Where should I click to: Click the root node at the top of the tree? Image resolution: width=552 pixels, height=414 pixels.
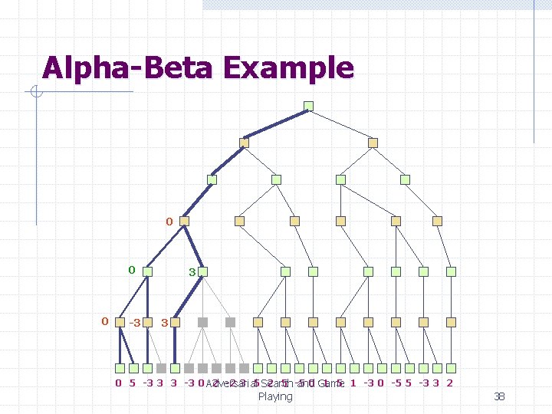[x=308, y=106]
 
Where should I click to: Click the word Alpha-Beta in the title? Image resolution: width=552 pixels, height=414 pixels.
[x=129, y=67]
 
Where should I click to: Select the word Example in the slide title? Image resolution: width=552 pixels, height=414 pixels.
[x=289, y=67]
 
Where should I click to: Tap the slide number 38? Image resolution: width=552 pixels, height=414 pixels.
[x=499, y=396]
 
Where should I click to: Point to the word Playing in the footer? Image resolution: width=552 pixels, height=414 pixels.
[x=275, y=396]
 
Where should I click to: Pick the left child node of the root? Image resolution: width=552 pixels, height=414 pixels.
[x=245, y=143]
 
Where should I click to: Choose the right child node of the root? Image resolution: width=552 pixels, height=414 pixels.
[x=373, y=143]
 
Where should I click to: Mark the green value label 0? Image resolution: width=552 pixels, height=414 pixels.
[x=131, y=270]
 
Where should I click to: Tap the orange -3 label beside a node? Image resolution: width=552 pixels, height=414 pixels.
[x=134, y=323]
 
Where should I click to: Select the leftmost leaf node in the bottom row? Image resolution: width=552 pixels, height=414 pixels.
[x=120, y=368]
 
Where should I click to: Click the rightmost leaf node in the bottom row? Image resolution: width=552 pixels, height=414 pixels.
[x=452, y=368]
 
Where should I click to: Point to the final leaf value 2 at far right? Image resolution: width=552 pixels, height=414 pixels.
[x=449, y=383]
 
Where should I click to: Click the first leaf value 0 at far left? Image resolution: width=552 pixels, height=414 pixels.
[x=118, y=383]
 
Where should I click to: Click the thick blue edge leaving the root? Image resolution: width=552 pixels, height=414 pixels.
[x=276, y=124]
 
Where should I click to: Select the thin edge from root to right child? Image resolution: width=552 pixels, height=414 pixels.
[x=340, y=124]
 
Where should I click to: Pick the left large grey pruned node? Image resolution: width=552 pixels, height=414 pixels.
[x=203, y=323]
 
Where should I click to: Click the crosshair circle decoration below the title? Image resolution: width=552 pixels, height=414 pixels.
[x=35, y=93]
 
